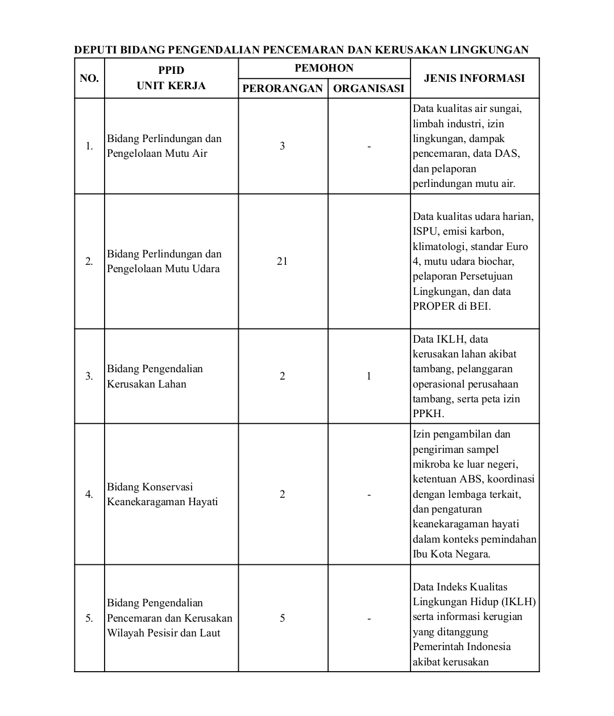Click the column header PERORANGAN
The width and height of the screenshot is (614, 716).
point(283,89)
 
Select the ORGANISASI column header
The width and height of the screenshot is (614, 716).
point(368,89)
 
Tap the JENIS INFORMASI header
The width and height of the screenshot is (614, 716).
point(474,78)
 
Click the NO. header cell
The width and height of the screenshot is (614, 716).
point(89,78)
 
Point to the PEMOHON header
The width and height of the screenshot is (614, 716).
point(324,68)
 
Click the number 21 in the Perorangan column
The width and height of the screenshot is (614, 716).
point(282,261)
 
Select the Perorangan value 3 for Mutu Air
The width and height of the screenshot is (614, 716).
point(282,146)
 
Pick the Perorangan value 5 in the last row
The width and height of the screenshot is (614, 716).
point(282,618)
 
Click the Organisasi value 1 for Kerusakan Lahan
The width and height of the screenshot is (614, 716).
point(368,376)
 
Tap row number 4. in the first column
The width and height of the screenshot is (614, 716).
point(89,494)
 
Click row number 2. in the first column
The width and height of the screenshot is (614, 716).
point(89,261)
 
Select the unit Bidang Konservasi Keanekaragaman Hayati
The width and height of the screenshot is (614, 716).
point(163,494)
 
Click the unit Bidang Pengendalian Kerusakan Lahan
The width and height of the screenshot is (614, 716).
point(155,376)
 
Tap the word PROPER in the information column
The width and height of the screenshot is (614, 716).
point(434,306)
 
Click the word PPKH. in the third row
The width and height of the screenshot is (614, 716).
point(428,414)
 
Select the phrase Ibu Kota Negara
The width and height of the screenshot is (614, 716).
point(451,554)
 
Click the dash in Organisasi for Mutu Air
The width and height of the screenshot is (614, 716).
point(368,147)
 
